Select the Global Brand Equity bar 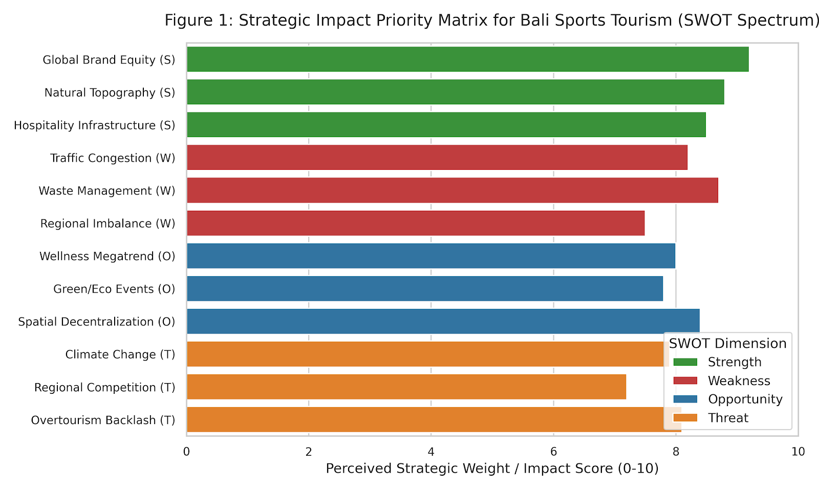pos(468,59)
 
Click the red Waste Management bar pos(452,190)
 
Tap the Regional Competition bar pos(406,387)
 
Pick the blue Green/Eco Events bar pos(425,288)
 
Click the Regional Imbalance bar pos(416,223)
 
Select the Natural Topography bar pos(456,92)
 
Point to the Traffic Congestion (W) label pos(113,158)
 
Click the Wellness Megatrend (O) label pos(107,256)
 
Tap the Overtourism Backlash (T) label pos(103,420)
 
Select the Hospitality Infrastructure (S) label pos(95,125)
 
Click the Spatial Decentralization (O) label pos(97,322)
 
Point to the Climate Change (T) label pos(120,355)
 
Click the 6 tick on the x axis pos(553,452)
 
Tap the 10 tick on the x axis pos(798,452)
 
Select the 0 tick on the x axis pos(186,452)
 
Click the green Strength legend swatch pos(685,362)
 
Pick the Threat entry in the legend pos(711,418)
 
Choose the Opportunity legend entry pos(727,399)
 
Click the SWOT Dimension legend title pos(727,343)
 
